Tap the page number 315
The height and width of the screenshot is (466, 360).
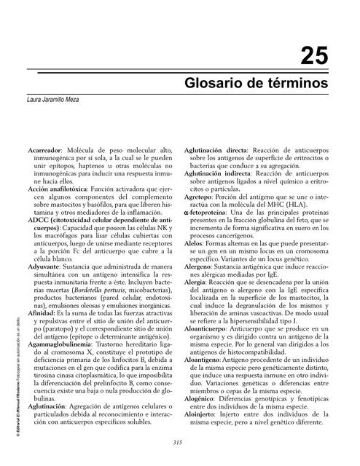(177, 443)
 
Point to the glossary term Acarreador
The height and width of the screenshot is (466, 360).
(45, 149)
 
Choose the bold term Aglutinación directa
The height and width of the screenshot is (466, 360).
(215, 149)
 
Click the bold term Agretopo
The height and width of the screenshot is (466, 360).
(198, 196)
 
